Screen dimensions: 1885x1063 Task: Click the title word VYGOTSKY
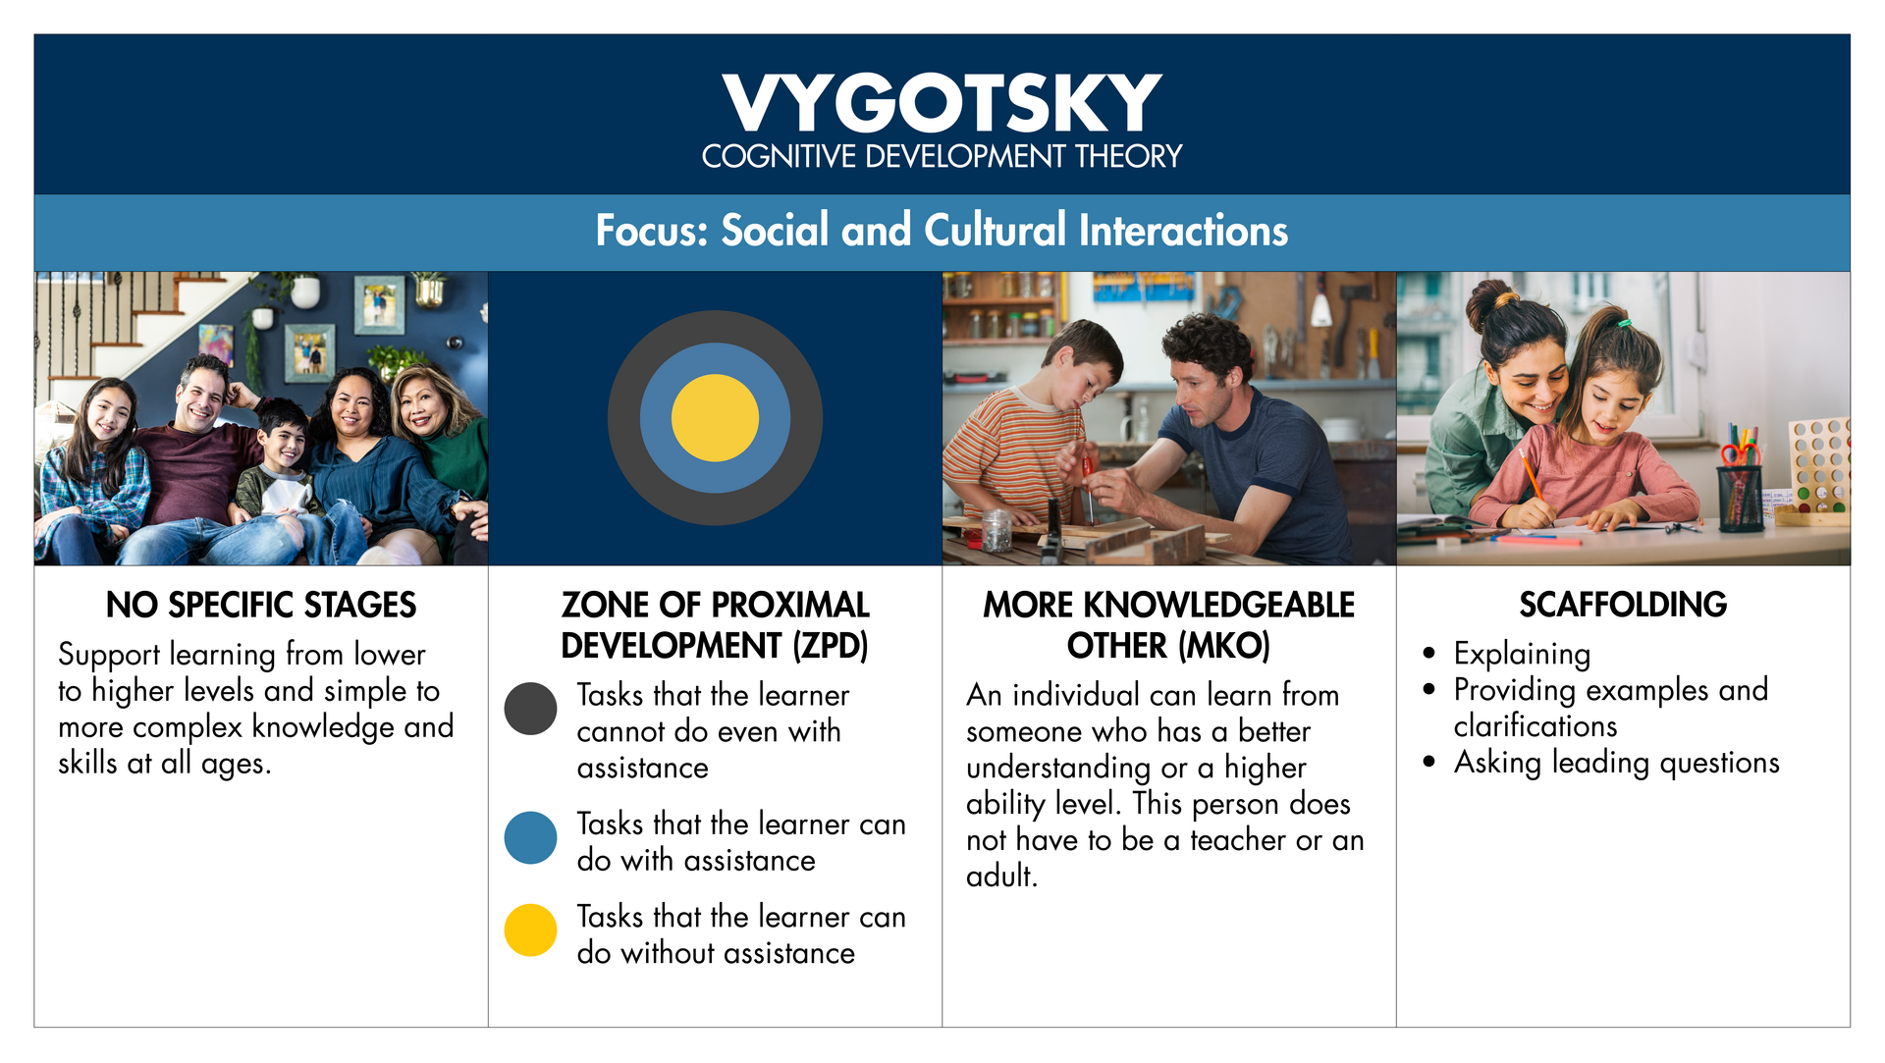tap(942, 103)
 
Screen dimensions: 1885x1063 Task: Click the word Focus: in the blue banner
tap(652, 231)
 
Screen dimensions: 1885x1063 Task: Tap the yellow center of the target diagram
tap(715, 418)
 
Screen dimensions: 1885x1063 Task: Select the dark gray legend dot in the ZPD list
tap(530, 709)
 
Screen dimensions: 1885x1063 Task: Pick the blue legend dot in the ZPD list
tap(530, 837)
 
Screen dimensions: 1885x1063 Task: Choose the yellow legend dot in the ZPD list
tap(530, 930)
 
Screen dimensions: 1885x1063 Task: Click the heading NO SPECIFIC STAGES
tap(261, 605)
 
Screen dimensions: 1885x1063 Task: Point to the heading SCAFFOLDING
tap(1623, 605)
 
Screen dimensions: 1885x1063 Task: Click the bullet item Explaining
tap(1522, 654)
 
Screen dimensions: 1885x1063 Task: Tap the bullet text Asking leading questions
tap(1616, 763)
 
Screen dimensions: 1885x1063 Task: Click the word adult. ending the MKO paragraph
tap(1001, 876)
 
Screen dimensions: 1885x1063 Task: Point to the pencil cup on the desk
tap(1740, 491)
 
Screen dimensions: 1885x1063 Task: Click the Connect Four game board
tap(1818, 467)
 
